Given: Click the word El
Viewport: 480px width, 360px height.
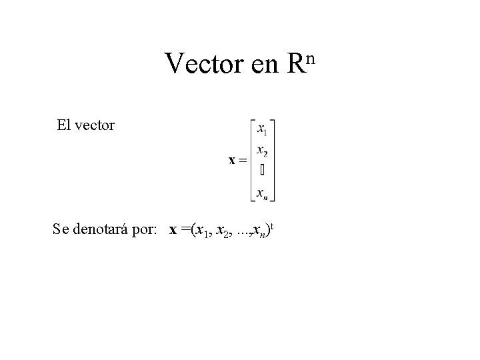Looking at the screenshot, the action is (64, 125).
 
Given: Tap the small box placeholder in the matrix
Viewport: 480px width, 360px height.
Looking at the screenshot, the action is (262, 170).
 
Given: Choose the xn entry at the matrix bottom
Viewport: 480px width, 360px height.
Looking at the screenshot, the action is (262, 193).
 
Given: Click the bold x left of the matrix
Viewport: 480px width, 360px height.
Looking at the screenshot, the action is (232, 160).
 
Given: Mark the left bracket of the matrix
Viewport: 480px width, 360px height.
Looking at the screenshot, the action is (252, 160).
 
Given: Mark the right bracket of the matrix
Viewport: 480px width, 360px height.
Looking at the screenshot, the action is (273, 160).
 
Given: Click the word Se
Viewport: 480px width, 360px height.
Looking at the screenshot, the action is (61, 231).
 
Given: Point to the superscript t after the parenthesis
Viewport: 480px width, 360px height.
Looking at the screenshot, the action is (272, 227).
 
